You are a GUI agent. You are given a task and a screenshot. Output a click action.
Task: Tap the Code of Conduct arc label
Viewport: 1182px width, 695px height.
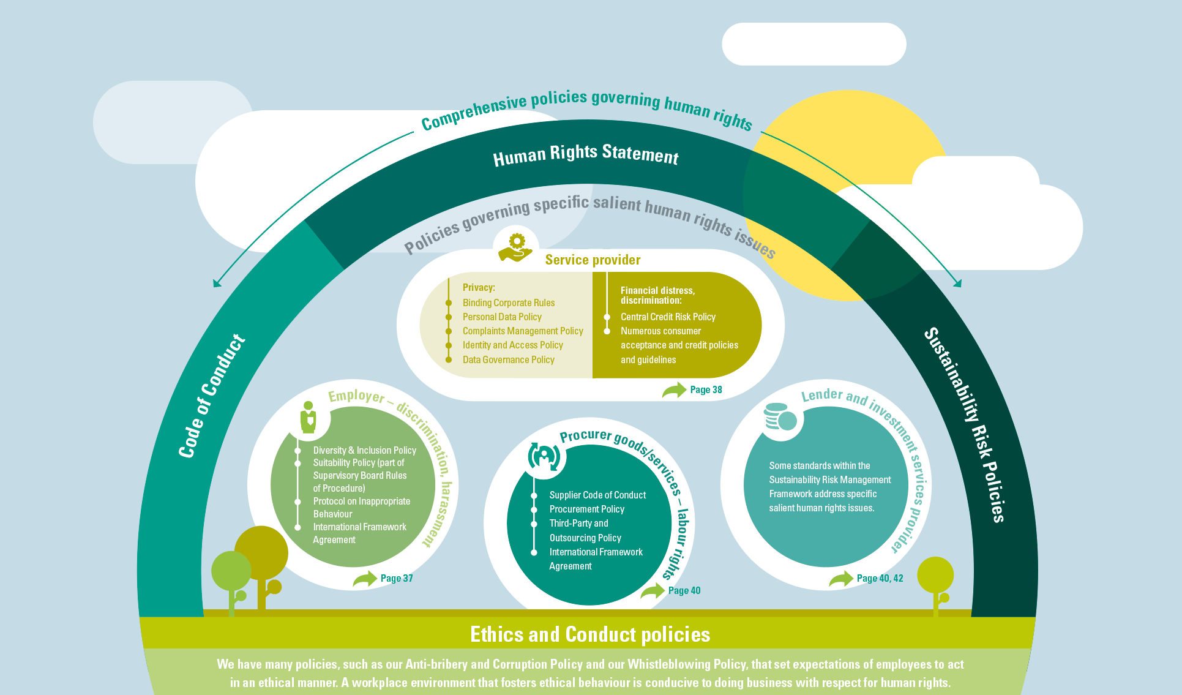(x=211, y=396)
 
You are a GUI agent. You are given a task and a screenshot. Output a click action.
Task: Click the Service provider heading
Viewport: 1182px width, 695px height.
(x=593, y=260)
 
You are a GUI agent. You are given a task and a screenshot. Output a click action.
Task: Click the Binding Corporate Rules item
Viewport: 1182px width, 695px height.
(x=509, y=302)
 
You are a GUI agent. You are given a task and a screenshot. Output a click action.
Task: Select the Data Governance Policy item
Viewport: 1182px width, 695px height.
(x=509, y=360)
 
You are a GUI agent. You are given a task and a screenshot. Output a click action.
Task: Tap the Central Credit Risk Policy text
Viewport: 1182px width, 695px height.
(x=668, y=317)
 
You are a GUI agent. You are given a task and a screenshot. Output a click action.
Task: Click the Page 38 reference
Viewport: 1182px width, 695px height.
(x=706, y=390)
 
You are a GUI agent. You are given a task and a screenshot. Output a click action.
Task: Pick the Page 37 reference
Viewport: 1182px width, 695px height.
(x=397, y=579)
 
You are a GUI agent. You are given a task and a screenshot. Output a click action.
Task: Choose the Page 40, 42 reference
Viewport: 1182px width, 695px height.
(x=880, y=579)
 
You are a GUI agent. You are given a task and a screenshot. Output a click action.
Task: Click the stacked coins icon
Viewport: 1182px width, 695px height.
(x=780, y=418)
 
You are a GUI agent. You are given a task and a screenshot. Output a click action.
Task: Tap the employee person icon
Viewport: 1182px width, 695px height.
(x=309, y=418)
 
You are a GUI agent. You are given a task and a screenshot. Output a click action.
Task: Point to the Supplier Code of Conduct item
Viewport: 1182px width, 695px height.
(x=597, y=495)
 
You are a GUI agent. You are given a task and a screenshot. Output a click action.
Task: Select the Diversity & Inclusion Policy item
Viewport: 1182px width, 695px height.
(x=364, y=450)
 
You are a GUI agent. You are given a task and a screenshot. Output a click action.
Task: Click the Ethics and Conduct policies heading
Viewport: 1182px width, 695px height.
(x=590, y=634)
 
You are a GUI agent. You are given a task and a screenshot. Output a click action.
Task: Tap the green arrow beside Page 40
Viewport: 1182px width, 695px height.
(x=653, y=591)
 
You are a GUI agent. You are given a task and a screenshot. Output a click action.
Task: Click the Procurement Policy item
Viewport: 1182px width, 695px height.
(x=586, y=509)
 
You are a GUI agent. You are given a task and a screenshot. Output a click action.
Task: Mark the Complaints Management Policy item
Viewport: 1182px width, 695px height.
(x=523, y=331)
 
